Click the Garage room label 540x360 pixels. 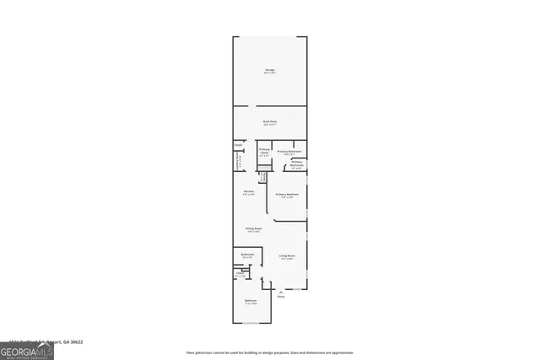coord(270,70)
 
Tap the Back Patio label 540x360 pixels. coord(270,121)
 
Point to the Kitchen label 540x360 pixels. coord(249,192)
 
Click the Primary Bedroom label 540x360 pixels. coord(287,195)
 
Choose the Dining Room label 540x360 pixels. coord(252,228)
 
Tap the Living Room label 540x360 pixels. coord(287,255)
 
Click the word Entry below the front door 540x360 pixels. coord(281,297)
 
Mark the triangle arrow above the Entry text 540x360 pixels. coord(281,292)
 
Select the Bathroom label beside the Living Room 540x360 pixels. coord(248,255)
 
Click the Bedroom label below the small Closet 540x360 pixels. coord(251,301)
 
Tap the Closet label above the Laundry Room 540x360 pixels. coord(238,144)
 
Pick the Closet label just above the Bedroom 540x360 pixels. coord(240,273)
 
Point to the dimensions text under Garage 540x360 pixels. coord(270,73)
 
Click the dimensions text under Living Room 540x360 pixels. coord(287,259)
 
